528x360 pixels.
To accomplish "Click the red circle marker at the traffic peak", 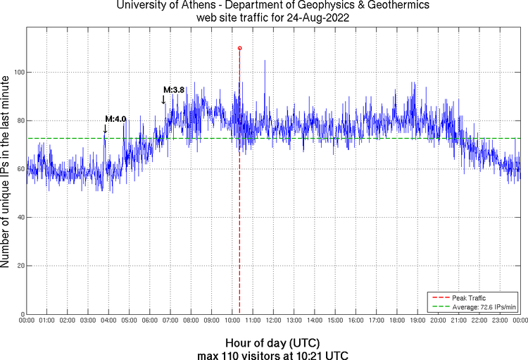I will tap(239, 48).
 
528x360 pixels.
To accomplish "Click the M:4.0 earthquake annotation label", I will tap(115, 118).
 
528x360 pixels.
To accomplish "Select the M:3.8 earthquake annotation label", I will tap(174, 89).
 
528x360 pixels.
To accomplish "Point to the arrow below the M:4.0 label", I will tap(106, 128).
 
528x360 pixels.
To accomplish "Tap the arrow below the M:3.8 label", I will tap(164, 99).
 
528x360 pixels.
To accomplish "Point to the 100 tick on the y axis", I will tap(18, 73).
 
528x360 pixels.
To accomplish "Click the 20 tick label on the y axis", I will tap(20, 266).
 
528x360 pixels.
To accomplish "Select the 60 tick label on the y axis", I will tap(20, 169).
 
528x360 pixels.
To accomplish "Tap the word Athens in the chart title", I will tap(201, 6).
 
